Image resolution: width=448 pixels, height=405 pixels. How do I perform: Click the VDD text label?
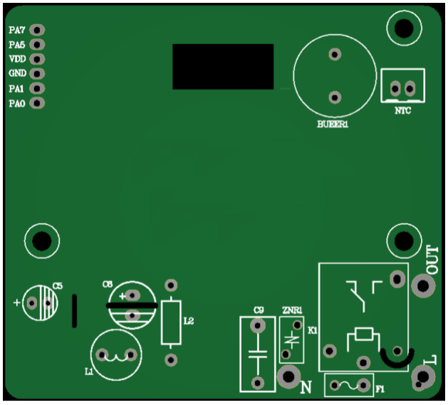tap(17, 59)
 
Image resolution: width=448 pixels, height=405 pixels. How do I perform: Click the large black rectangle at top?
tap(223, 67)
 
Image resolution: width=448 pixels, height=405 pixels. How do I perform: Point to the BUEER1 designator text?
tap(332, 125)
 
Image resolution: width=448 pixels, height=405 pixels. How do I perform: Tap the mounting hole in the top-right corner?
tap(402, 28)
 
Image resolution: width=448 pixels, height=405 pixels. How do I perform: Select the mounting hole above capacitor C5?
tap(41, 241)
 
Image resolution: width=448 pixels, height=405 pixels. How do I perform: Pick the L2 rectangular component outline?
tap(171, 322)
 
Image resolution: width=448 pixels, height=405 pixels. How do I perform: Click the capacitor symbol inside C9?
tap(257, 354)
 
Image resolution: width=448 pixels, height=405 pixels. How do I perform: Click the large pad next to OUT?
tap(423, 287)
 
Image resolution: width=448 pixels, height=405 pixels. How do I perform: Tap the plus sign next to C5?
tap(17, 302)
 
